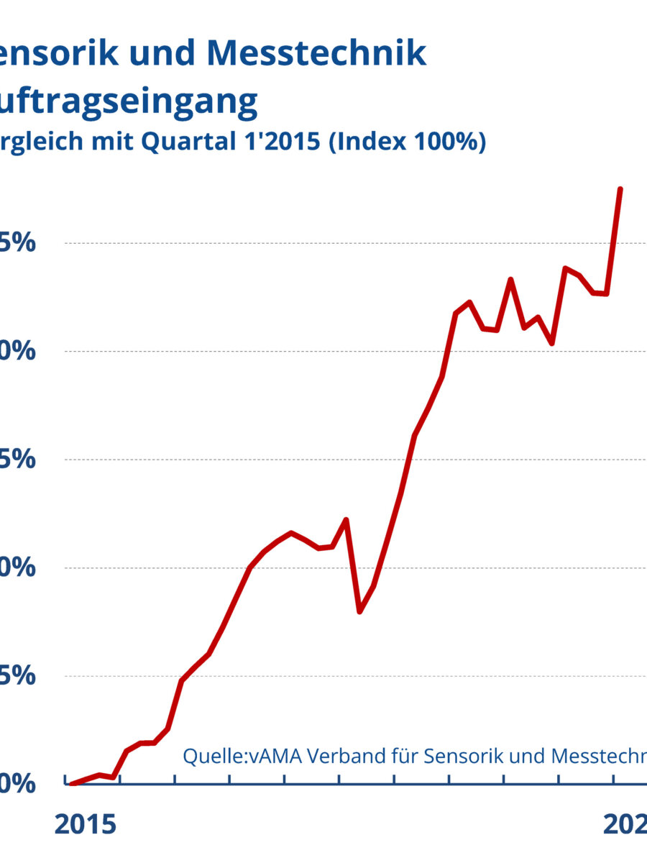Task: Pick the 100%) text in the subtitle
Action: pyautogui.click(x=450, y=142)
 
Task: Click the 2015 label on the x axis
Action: pyautogui.click(x=85, y=825)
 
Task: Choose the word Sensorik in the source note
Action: pyautogui.click(x=459, y=756)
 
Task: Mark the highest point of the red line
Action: pyautogui.click(x=620, y=189)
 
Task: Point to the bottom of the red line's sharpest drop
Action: pyautogui.click(x=359, y=612)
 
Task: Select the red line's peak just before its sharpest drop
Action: pyautogui.click(x=346, y=519)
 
